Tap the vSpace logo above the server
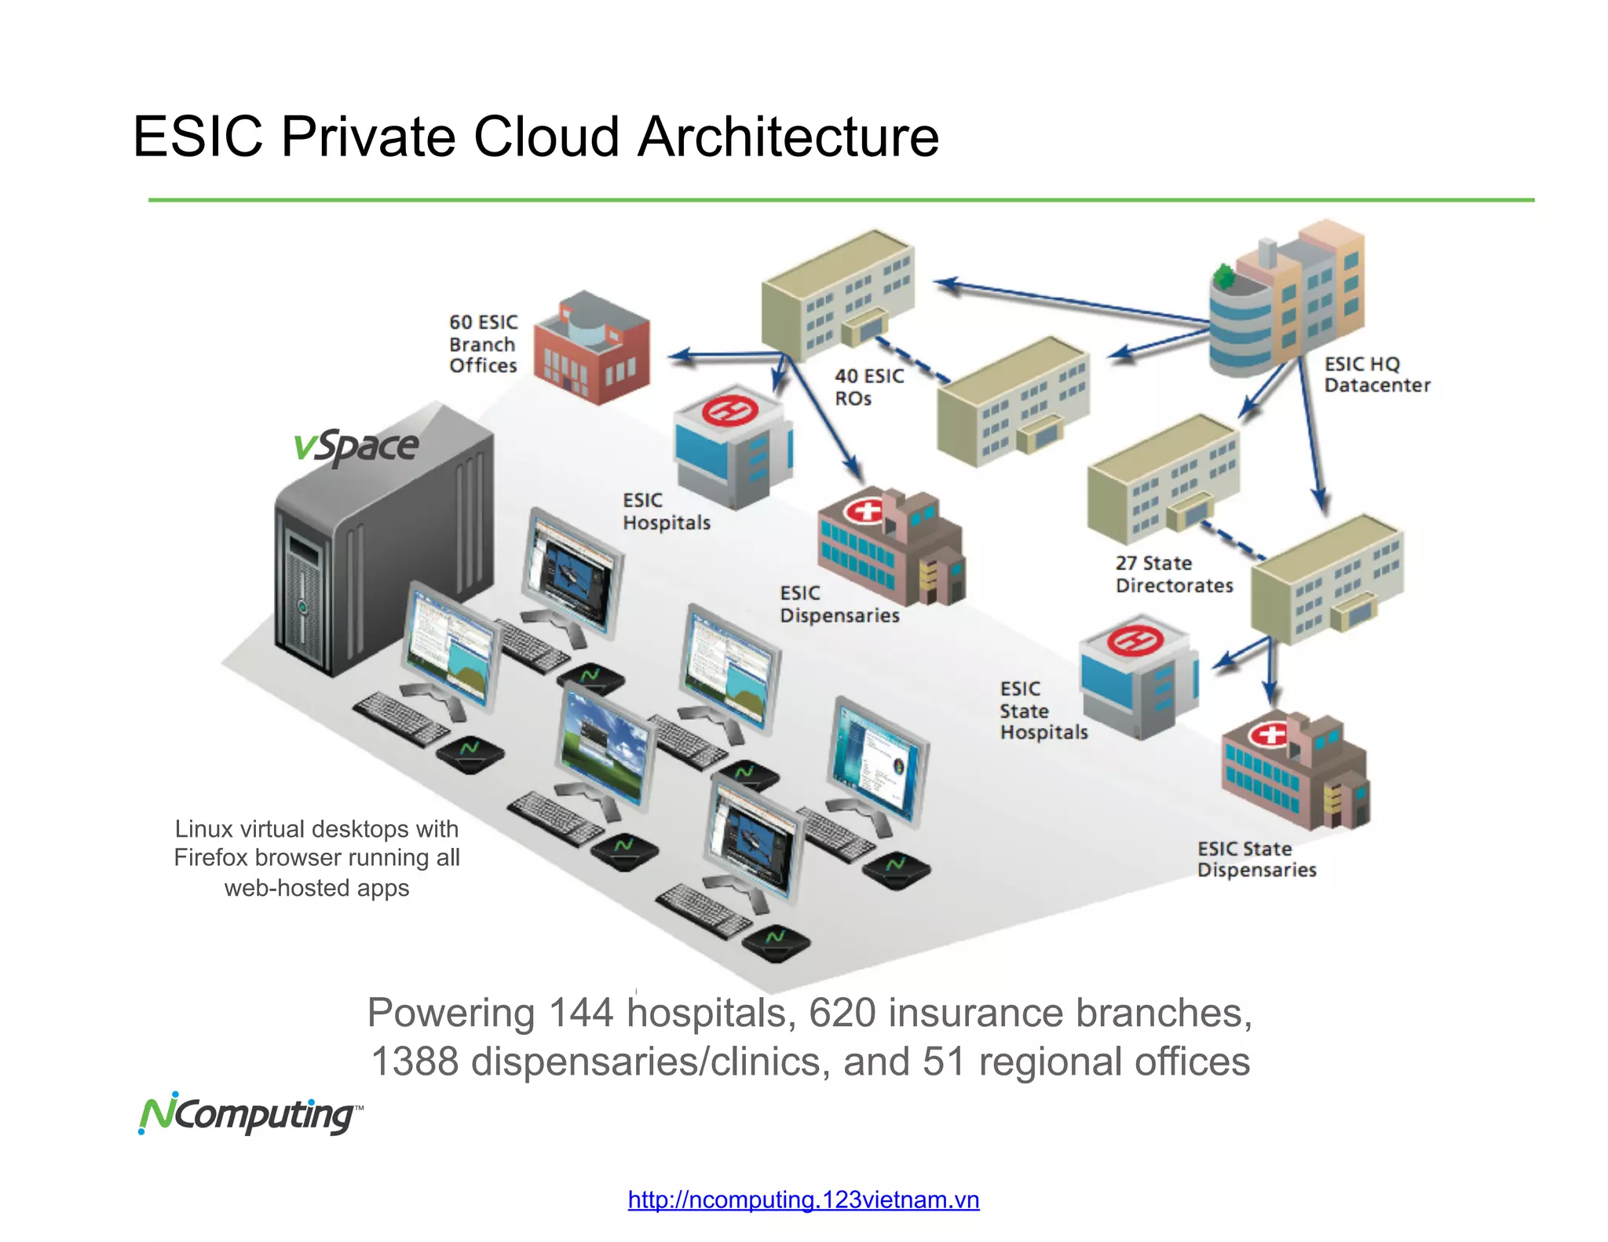pos(356,447)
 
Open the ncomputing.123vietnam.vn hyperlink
pos(803,1200)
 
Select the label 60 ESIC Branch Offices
pos(483,344)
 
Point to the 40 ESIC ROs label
pos(868,387)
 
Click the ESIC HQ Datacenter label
pos(1376,374)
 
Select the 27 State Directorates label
pos(1173,574)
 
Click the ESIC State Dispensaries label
pos(1255,859)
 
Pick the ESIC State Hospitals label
pos(1043,710)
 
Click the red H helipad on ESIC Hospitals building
pos(729,410)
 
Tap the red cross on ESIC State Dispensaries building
pos(1269,735)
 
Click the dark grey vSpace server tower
pos(385,550)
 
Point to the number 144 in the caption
pos(580,1013)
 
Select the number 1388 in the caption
pos(414,1061)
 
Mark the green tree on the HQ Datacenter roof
pos(1223,276)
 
